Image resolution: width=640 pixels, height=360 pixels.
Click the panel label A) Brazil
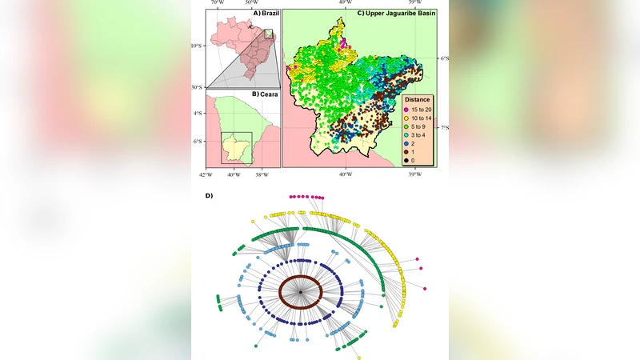[259, 14]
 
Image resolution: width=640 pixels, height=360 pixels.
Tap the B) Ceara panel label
[264, 94]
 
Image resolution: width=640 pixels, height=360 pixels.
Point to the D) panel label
[210, 194]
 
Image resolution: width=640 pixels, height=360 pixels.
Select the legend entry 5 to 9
[421, 127]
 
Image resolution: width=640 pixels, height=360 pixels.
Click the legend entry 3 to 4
[421, 136]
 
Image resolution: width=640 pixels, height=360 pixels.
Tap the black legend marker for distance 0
[406, 161]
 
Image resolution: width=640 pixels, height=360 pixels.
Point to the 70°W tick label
[217, 3]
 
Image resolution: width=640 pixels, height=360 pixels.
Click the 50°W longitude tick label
[250, 3]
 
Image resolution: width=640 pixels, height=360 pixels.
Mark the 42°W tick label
[206, 174]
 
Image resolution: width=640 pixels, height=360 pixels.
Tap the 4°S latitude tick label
[198, 113]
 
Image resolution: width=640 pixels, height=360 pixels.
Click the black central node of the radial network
[300, 294]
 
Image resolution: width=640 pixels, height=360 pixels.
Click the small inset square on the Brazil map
[269, 34]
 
